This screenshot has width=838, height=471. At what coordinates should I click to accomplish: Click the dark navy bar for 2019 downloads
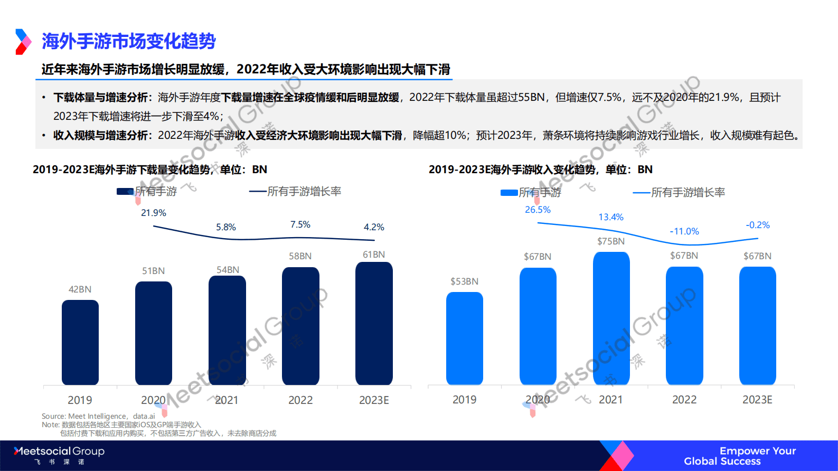(x=80, y=342)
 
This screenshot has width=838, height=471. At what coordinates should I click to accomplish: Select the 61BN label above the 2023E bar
(x=374, y=255)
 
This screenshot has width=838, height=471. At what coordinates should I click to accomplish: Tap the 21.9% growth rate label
(x=154, y=213)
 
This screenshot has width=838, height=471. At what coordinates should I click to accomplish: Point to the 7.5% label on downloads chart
(x=300, y=224)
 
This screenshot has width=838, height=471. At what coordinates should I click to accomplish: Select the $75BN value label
(x=611, y=241)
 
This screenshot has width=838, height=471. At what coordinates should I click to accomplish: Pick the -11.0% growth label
(x=684, y=231)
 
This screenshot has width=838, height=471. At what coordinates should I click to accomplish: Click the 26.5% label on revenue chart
(x=538, y=210)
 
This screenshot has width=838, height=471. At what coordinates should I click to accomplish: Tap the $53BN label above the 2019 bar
(x=464, y=281)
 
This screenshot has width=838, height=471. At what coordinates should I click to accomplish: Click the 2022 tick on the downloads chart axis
(x=300, y=400)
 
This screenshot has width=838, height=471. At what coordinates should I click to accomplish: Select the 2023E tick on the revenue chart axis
(x=757, y=400)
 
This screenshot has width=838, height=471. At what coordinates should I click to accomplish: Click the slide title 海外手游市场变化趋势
(x=129, y=41)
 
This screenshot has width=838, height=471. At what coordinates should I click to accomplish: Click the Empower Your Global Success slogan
(x=739, y=456)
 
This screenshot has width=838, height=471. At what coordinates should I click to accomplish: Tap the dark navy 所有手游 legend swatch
(x=125, y=192)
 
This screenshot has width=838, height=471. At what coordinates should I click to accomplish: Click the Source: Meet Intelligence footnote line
(x=99, y=416)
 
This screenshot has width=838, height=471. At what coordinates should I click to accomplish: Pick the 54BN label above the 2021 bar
(x=228, y=270)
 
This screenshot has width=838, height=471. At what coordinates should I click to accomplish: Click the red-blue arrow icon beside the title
(x=23, y=41)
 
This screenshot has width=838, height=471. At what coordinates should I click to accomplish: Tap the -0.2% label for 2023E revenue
(x=758, y=225)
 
